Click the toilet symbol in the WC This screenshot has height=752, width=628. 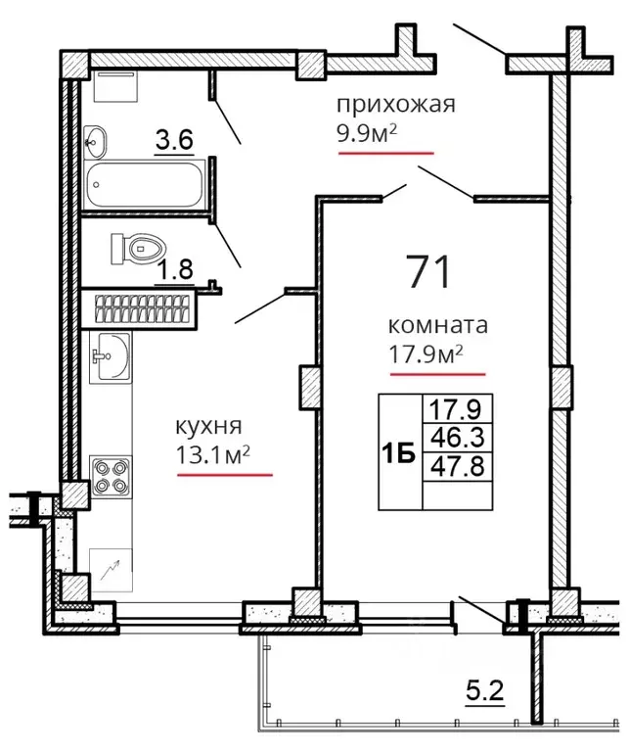coord(138,248)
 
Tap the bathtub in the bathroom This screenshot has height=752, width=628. coord(144,185)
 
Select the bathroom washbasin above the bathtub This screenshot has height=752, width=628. coord(95,142)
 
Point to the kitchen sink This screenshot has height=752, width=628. coord(110,357)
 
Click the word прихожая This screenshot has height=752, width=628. coord(395,106)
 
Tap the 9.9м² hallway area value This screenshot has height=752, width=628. coord(368,135)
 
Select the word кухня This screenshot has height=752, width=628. coord(209,426)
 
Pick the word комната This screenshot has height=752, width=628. coord(438,325)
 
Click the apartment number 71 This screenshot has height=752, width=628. coord(428,271)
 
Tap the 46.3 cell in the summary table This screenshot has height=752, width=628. coord(457,438)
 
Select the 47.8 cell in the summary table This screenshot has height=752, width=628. coord(457,466)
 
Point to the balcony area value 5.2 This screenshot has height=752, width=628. coord(485,691)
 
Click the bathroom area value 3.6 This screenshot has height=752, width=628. coord(174,141)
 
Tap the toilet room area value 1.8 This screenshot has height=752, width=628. coord(175,270)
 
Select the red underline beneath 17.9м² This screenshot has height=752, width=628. coord(438,374)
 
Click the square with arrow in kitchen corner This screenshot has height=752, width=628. coord(111,570)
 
